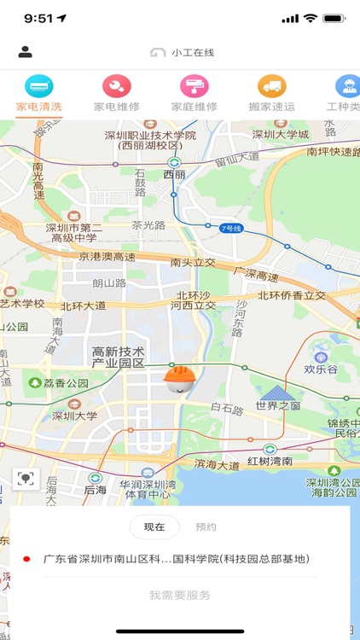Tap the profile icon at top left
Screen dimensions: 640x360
[26, 52]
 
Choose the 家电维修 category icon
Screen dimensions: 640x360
[116, 86]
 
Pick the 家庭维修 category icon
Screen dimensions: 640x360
[194, 86]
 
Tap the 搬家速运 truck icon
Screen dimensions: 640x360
[271, 86]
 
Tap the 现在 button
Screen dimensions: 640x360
[154, 527]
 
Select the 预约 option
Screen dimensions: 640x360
[206, 527]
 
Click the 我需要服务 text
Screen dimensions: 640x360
[179, 595]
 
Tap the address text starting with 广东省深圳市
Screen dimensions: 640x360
[176, 560]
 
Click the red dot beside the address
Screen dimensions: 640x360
[26, 560]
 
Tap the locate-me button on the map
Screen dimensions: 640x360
[26, 478]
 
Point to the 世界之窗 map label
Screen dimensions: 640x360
[277, 405]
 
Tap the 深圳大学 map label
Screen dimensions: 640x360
[74, 416]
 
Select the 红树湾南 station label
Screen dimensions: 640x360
[270, 462]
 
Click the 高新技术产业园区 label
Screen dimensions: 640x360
[119, 358]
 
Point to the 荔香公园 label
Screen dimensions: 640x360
[59, 383]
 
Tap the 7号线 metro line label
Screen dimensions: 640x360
[231, 228]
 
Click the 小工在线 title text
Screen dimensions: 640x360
[192, 52]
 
